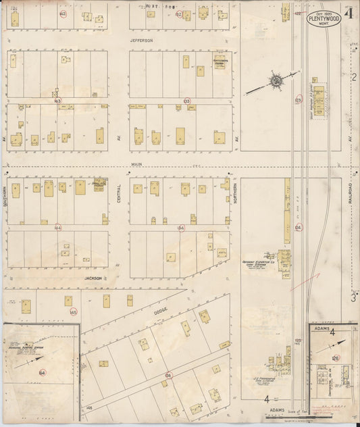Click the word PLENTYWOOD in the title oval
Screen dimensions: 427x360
coord(324,19)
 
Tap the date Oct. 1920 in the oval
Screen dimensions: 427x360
coord(324,13)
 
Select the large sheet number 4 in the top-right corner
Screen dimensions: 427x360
coord(350,12)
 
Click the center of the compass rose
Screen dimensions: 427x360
coord(276,82)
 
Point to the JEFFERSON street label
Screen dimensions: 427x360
coord(142,41)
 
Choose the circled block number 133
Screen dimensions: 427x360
coord(186,101)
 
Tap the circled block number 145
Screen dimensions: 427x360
coord(74,311)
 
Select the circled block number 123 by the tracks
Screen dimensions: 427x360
coord(297,100)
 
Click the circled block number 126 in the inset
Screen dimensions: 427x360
coord(336,358)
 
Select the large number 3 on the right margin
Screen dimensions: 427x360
coord(353,297)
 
